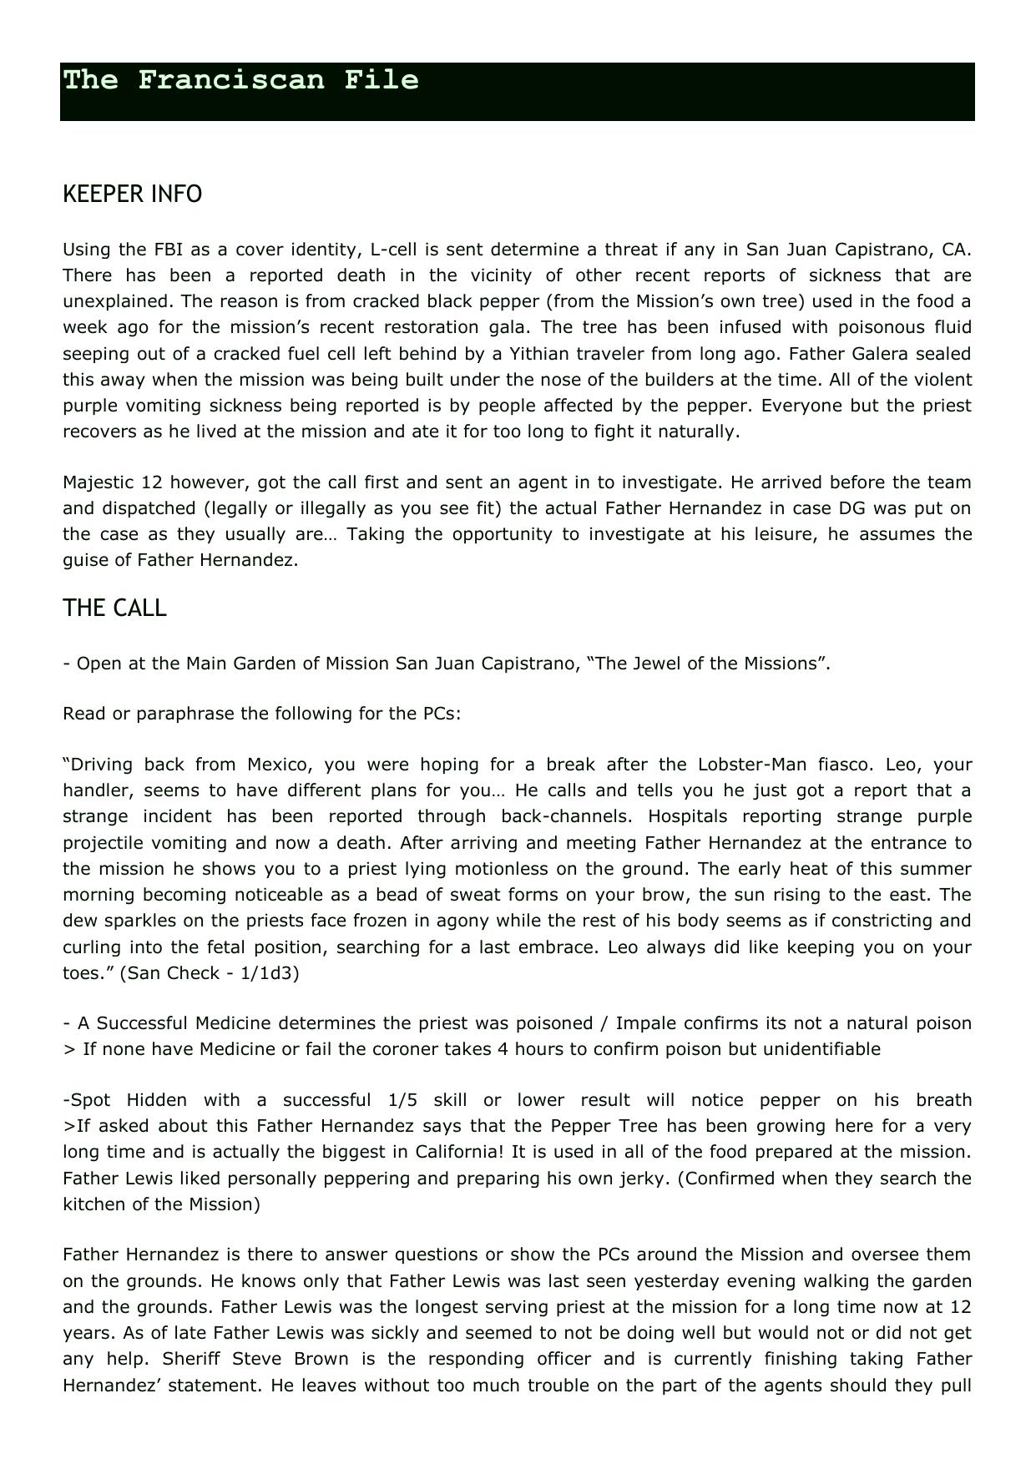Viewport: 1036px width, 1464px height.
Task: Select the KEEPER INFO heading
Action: point(132,194)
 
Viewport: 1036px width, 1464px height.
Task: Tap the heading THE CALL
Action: point(114,608)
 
